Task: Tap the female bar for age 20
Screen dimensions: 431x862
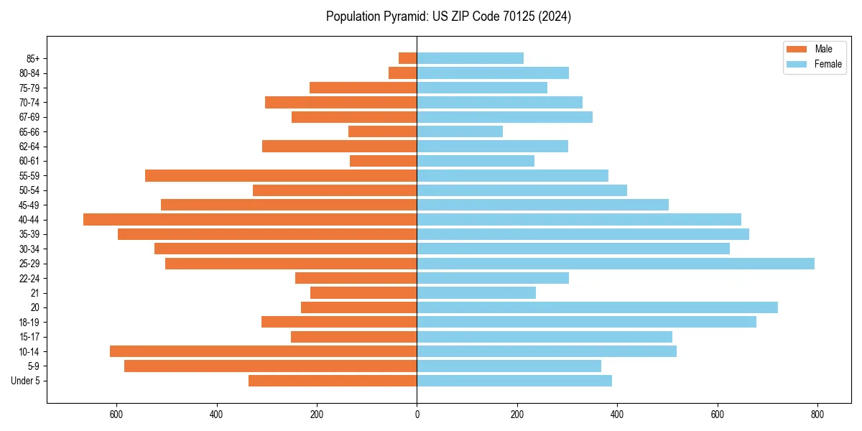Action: click(x=597, y=307)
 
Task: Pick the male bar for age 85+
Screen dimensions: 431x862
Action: click(x=408, y=58)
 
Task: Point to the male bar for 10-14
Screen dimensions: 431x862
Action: click(x=263, y=351)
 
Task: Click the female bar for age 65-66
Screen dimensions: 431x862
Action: click(x=460, y=131)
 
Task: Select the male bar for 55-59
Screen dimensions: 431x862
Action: click(x=281, y=175)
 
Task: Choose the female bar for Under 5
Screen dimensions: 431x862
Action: click(x=514, y=381)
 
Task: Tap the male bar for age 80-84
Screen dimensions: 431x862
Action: click(x=403, y=73)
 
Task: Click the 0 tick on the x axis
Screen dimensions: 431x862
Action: click(x=417, y=414)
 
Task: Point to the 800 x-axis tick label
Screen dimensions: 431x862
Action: click(x=817, y=414)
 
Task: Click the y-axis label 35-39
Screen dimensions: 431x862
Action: click(x=29, y=234)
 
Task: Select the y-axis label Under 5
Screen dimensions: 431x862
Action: click(x=26, y=381)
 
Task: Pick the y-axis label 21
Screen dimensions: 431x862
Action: click(x=34, y=293)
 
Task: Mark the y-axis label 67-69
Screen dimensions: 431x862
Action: click(x=29, y=117)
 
